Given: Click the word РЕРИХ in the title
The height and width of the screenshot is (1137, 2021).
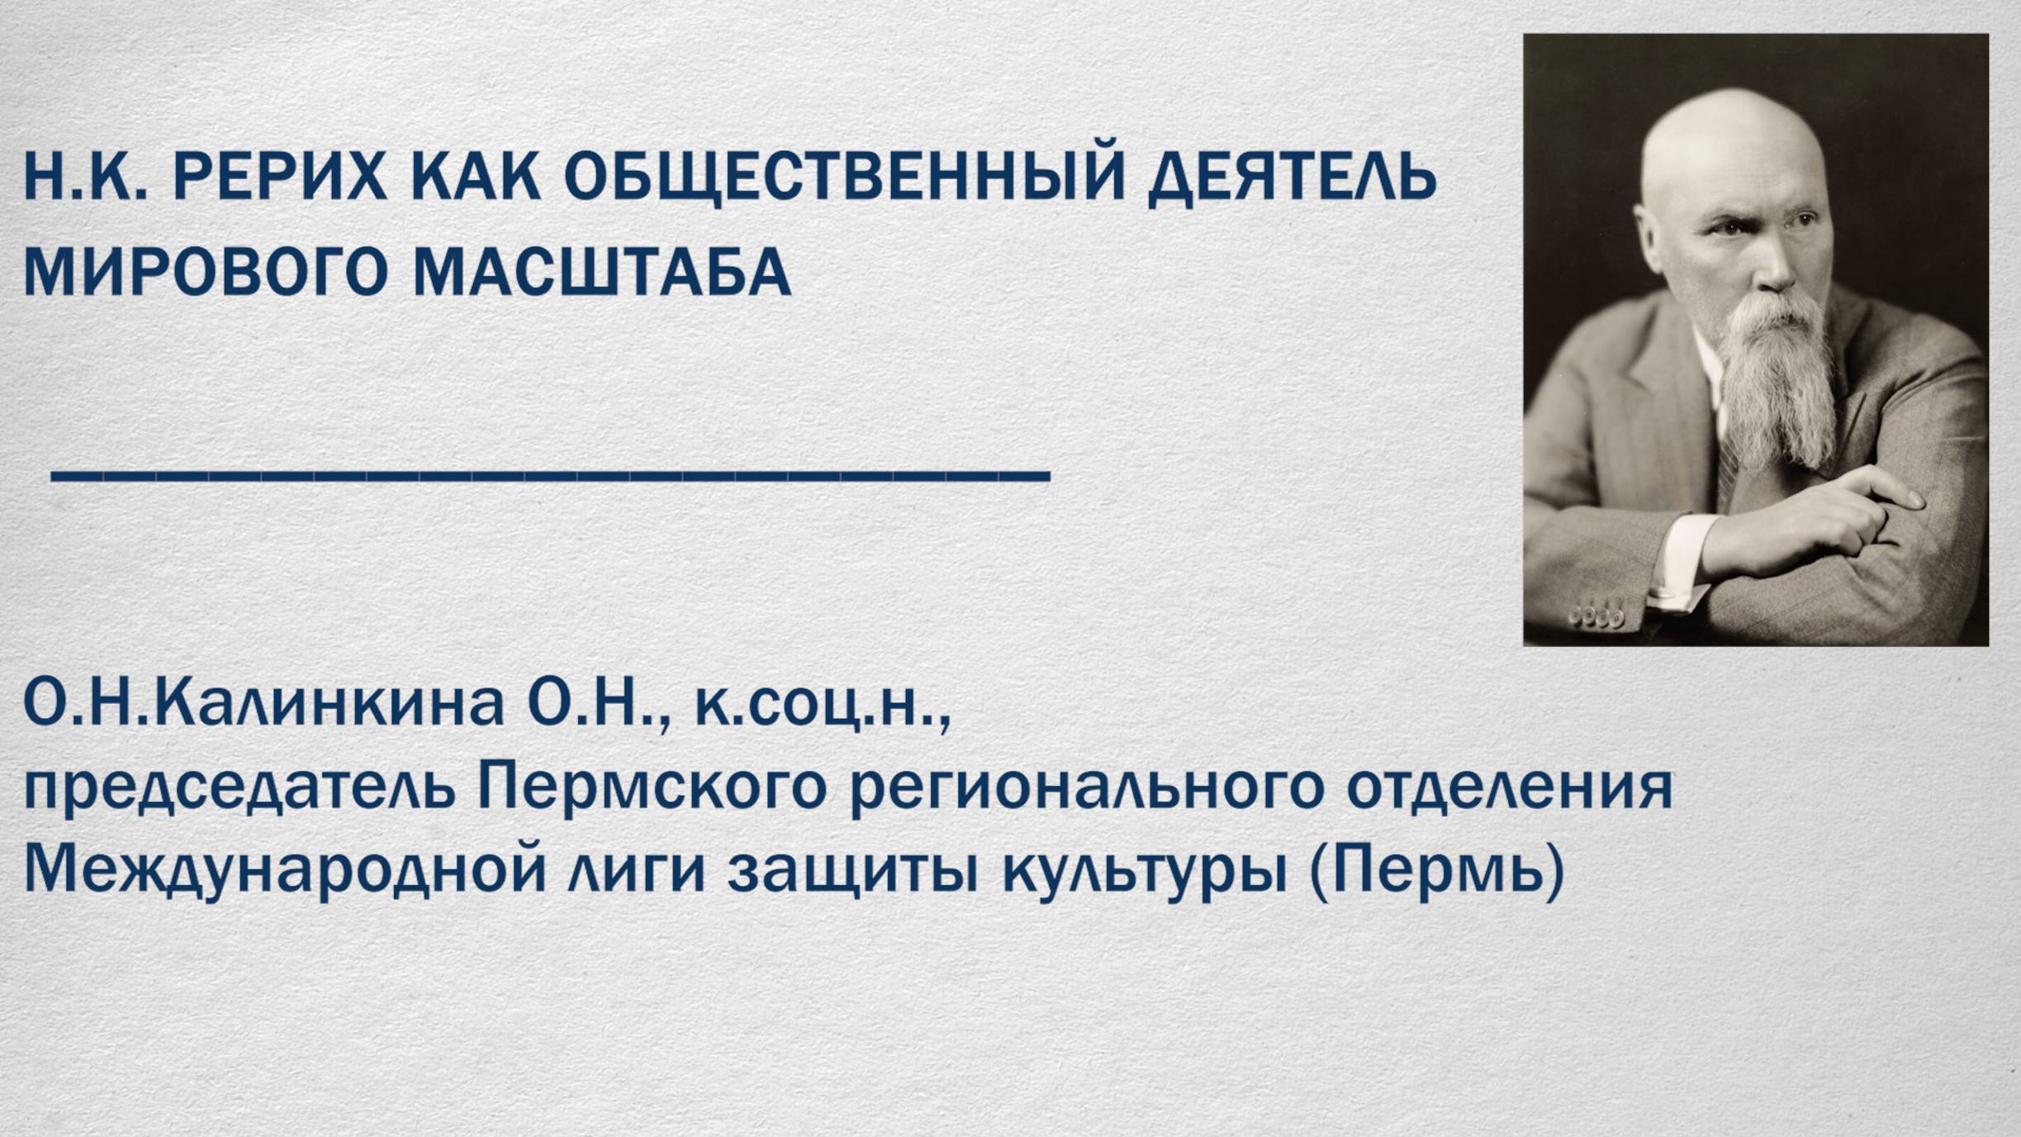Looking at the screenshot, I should click(x=279, y=177).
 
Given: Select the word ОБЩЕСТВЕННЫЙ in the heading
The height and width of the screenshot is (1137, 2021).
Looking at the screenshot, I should click(x=844, y=177).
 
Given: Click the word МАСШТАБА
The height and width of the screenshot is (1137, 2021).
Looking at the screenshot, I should click(x=601, y=273).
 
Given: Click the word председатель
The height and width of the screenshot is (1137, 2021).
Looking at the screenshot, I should click(x=239, y=787).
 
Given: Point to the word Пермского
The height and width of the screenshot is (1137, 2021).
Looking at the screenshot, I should click(x=652, y=787).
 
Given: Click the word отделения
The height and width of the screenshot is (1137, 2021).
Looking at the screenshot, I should click(x=1510, y=787).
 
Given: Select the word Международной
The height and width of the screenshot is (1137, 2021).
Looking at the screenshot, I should click(x=285, y=869).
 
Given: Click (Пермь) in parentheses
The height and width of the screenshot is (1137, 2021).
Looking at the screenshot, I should click(x=1436, y=869).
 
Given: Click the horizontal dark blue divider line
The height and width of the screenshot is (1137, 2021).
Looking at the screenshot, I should click(x=550, y=476).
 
